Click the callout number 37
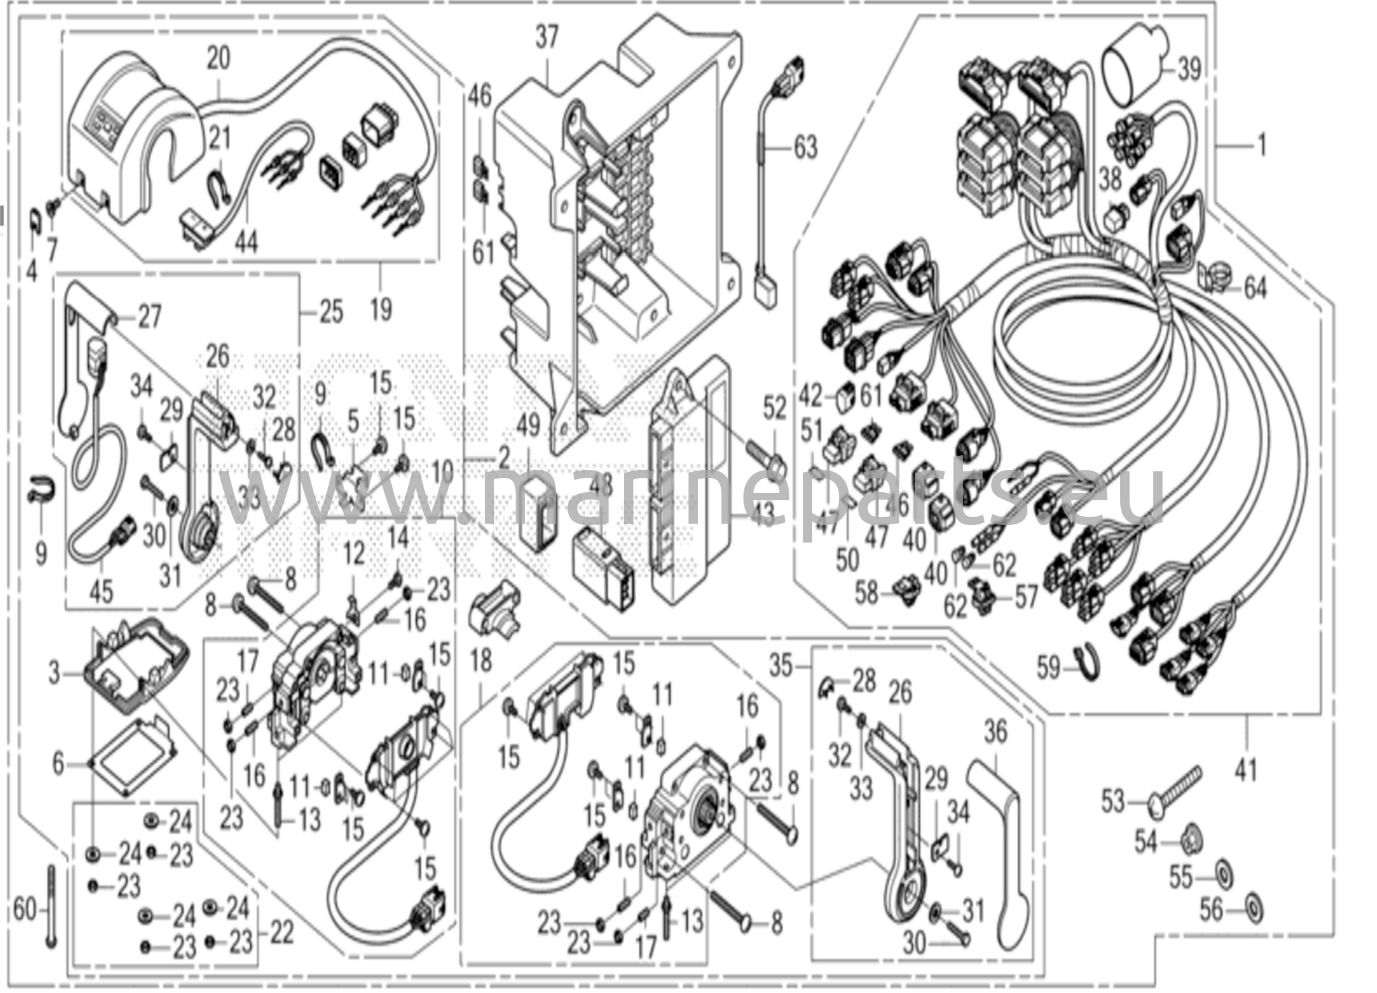(x=547, y=38)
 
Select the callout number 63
(x=805, y=147)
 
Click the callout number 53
(x=1113, y=802)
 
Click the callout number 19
(x=381, y=311)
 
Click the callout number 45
(x=101, y=592)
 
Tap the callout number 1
(x=1261, y=145)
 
